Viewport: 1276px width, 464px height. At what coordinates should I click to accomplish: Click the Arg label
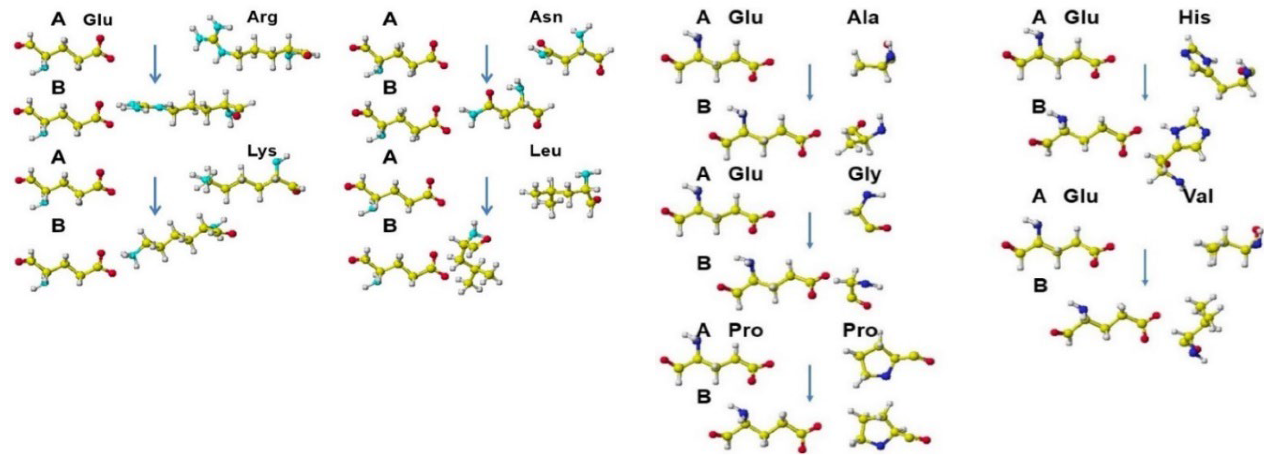pos(263,18)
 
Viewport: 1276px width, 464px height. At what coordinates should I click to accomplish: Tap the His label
pos(1195,18)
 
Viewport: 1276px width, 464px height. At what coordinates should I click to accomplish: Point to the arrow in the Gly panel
pos(810,230)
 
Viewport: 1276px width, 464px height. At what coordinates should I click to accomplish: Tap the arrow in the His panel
pos(1145,82)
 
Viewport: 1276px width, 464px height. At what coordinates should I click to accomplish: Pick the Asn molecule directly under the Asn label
pos(572,52)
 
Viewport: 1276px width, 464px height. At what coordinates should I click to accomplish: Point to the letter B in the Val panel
pos(1040,286)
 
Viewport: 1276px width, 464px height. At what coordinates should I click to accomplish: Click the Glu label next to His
pos(1081,18)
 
